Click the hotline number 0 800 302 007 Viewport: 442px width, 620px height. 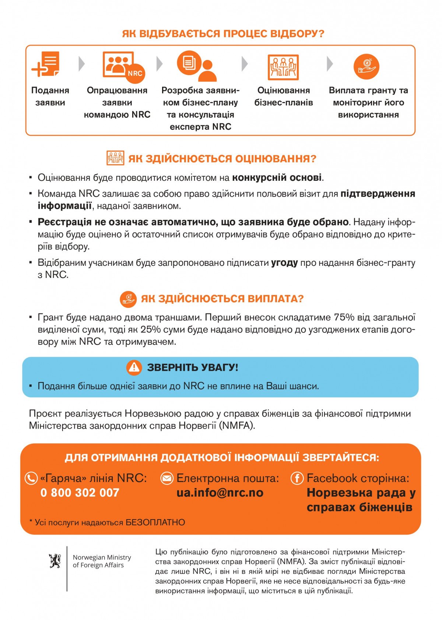pos(80,493)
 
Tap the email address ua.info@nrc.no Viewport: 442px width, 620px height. pos(220,493)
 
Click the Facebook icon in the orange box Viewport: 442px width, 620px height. pos(297,478)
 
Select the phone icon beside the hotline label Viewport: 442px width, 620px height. pos(31,478)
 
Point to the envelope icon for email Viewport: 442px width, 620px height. pos(167,478)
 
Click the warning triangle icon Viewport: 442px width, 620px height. pos(134,367)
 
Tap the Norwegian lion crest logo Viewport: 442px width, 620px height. pos(55,561)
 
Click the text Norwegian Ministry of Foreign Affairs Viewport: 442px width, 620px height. pos(102,561)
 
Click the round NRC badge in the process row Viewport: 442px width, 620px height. pos(135,73)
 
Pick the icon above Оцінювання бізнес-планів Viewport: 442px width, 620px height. pos(283,67)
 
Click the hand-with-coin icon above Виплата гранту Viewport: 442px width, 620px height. pos(366,66)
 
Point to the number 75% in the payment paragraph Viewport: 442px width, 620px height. pos(344,317)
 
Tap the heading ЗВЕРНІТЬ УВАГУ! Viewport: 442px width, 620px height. pos(193,367)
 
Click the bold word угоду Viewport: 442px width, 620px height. pos(284,263)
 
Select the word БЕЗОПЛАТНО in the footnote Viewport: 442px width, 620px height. pos(155,522)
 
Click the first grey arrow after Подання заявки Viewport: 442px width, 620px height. pos(81,64)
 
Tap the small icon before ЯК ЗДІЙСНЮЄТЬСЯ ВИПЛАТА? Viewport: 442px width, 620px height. pos(128,299)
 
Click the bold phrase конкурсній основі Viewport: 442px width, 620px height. pos(277,178)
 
